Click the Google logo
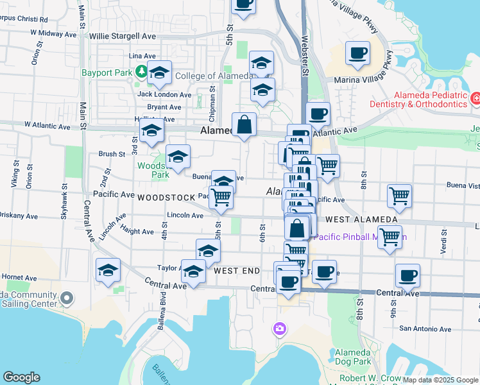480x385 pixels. coord(21,377)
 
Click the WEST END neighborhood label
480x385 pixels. coord(236,271)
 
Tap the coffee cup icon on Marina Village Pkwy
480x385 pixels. coord(357,53)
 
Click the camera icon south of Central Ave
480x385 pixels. coord(279,329)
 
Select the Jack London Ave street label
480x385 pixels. coord(164,94)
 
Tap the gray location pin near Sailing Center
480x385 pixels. coord(67,298)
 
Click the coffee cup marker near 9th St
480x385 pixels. coord(407,276)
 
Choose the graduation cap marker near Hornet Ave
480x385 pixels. coord(108,270)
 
